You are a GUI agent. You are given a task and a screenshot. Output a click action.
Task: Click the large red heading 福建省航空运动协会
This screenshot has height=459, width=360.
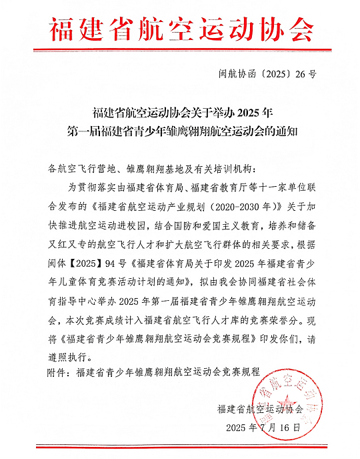180,28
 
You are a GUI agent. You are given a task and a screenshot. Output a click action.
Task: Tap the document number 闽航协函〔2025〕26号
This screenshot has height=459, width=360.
267,74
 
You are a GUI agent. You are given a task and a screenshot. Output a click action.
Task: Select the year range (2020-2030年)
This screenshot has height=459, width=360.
230,201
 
